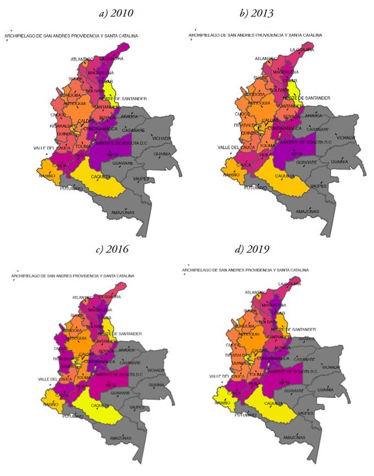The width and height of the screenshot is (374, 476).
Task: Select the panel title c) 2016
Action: click(x=112, y=249)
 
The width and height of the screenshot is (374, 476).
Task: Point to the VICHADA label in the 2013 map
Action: click(x=346, y=138)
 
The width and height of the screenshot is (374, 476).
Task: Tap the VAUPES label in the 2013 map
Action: click(x=320, y=186)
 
